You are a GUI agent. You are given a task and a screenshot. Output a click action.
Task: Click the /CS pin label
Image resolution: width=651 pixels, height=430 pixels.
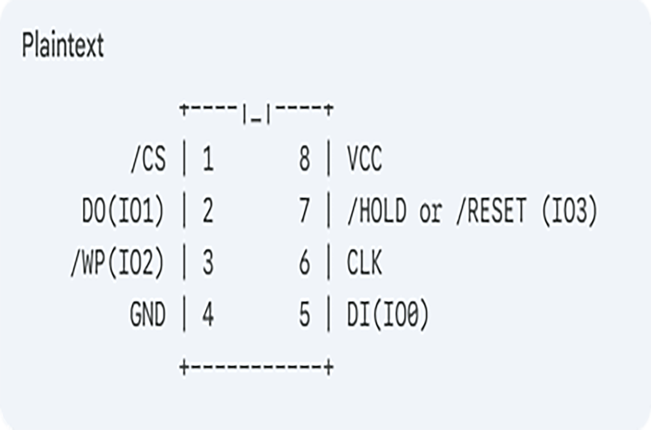point(148,159)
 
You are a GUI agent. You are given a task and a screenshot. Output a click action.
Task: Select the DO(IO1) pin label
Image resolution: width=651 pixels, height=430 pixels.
point(123,211)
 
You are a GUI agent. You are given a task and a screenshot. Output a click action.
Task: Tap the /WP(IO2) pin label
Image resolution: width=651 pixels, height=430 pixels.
point(117,263)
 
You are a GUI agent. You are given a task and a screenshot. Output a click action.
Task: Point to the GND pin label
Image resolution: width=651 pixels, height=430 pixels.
point(148,315)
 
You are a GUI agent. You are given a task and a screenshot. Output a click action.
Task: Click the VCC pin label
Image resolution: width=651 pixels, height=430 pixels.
point(364,159)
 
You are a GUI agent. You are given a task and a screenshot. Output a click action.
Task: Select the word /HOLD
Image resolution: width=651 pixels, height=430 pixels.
point(377,211)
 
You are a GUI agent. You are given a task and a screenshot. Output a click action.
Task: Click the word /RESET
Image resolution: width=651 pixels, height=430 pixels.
point(491,211)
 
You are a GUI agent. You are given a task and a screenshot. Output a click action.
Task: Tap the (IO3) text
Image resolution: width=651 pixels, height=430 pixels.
point(569,211)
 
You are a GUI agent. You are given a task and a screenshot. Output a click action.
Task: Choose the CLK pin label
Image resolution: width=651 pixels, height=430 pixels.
point(364,263)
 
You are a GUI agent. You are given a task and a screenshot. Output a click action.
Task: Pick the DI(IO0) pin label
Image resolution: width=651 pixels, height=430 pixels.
point(387,315)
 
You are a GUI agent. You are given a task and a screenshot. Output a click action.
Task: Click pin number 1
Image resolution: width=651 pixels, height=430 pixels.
point(208,159)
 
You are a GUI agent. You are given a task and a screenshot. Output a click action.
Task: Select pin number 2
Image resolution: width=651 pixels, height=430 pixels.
point(208,211)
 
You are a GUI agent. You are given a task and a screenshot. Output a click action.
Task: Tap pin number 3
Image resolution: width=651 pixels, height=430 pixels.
point(208,263)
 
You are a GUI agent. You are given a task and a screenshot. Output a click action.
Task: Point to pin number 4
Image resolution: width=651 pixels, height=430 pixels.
point(208,315)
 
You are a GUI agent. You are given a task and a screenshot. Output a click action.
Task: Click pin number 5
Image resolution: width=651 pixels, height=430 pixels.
point(305,315)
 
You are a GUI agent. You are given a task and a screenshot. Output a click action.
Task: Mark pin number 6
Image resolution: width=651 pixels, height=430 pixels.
point(305,263)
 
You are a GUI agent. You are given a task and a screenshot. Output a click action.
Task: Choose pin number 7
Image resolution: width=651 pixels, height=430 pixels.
point(305,211)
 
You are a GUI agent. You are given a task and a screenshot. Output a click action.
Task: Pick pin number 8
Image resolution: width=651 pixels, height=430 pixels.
point(305,159)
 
